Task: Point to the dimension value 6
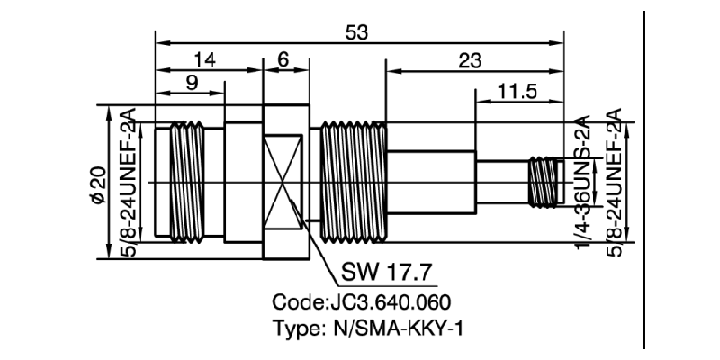[x=283, y=60]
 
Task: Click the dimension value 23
[x=469, y=60]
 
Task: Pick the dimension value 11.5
[x=519, y=93]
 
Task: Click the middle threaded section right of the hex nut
[x=353, y=180]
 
